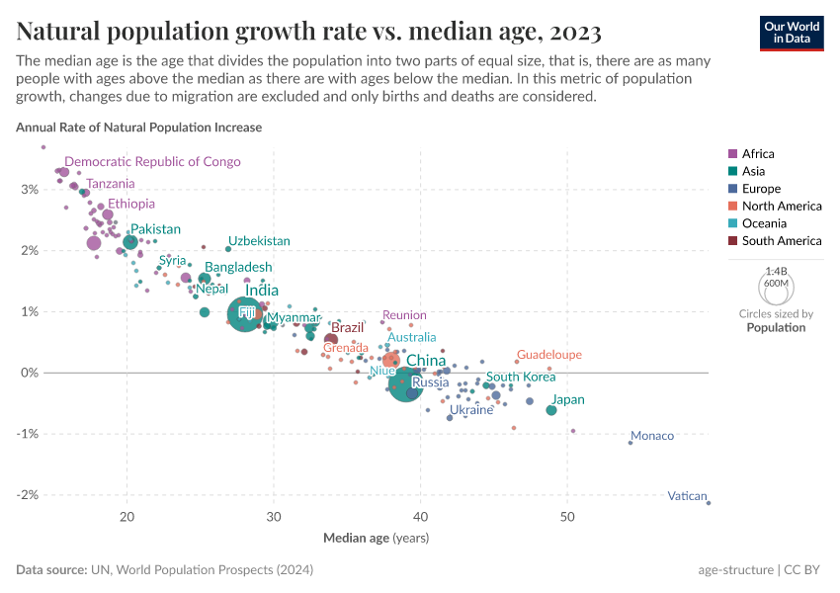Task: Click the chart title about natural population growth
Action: pyautogui.click(x=308, y=32)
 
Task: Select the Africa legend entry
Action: pyautogui.click(x=758, y=153)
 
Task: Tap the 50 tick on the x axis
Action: pyautogui.click(x=567, y=517)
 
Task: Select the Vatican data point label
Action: pyautogui.click(x=686, y=496)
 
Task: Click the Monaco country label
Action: pyautogui.click(x=652, y=436)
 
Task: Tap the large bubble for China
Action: pyautogui.click(x=406, y=381)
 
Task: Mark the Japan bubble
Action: pyautogui.click(x=551, y=409)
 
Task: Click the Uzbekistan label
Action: pyautogui.click(x=259, y=241)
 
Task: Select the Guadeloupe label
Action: pyautogui.click(x=549, y=354)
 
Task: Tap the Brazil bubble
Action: pyautogui.click(x=331, y=339)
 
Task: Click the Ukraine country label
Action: pyautogui.click(x=471, y=409)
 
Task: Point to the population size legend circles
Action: pyautogui.click(x=776, y=288)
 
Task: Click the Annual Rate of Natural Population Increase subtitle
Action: pyautogui.click(x=138, y=127)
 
